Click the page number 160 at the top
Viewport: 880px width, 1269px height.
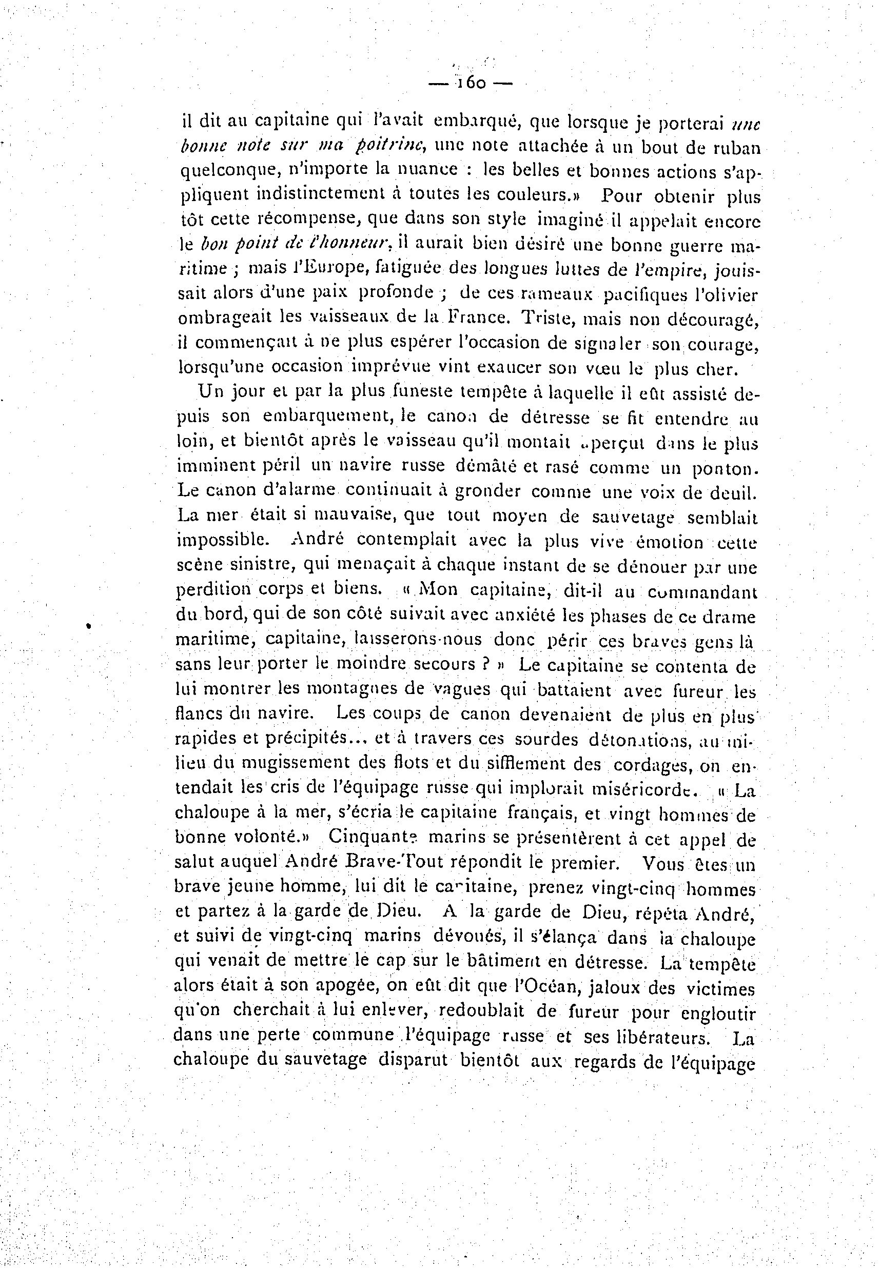pos(471,83)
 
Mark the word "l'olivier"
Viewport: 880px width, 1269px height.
pos(726,294)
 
